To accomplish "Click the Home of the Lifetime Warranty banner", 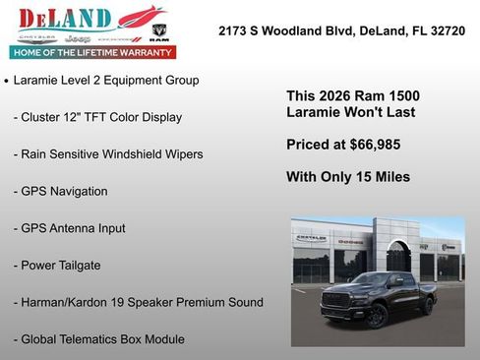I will pyautogui.click(x=91, y=51).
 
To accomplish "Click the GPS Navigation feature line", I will pyautogui.click(x=60, y=191).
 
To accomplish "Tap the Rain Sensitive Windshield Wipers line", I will pyautogui.click(x=108, y=153).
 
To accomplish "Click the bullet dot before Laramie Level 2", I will pyautogui.click(x=7, y=81).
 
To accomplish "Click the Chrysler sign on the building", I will pyautogui.click(x=311, y=238).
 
